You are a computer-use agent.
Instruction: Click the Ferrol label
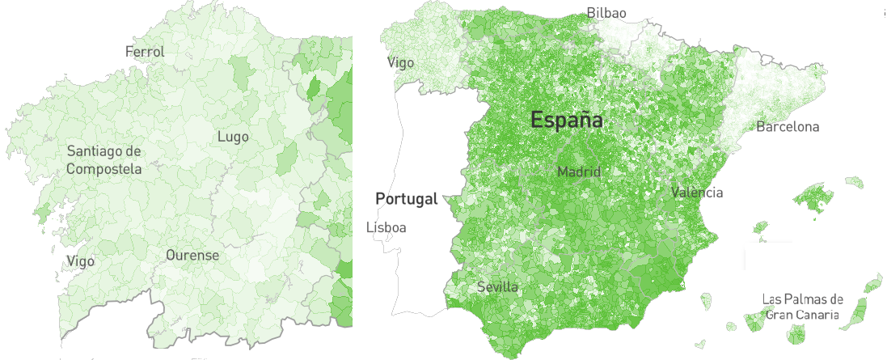coord(145,52)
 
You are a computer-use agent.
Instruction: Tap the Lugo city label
coord(233,137)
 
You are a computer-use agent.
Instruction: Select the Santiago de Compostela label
coord(103,160)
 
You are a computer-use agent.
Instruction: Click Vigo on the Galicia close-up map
coord(80,261)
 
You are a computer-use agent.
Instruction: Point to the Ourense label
coord(192,255)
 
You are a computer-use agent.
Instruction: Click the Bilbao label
coord(606,13)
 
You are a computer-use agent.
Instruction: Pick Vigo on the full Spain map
coord(400,62)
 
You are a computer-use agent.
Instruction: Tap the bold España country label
coord(567,121)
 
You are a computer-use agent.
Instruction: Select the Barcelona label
coord(788,127)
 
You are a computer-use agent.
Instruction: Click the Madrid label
coord(579,172)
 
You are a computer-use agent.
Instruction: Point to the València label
coord(697,193)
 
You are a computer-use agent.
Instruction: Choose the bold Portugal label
coord(406,198)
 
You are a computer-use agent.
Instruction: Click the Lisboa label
coord(386,227)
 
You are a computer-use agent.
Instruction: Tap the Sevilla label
coord(498,287)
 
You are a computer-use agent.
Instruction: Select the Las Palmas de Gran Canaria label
coord(803,307)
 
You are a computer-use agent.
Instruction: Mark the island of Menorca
coord(854,183)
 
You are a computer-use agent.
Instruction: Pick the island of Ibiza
coord(760,227)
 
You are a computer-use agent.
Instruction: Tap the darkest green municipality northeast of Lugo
coord(316,87)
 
